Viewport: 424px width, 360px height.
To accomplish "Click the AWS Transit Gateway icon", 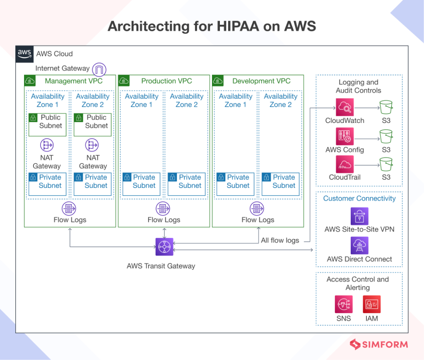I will pyautogui.click(x=164, y=247).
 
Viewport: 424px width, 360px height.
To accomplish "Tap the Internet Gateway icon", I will pyautogui.click(x=99, y=69).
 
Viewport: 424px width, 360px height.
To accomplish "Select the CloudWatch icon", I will pyautogui.click(x=344, y=107).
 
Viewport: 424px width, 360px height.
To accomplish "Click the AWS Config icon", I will pyautogui.click(x=344, y=136).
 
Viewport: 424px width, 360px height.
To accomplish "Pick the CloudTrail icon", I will pyautogui.click(x=344, y=164).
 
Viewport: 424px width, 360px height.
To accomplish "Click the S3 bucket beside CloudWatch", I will pyautogui.click(x=386, y=108).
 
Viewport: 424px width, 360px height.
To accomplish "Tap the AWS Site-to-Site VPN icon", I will pyautogui.click(x=359, y=216).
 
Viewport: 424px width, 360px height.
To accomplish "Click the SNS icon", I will pyautogui.click(x=343, y=304).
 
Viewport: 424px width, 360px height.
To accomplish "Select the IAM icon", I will pyautogui.click(x=371, y=304).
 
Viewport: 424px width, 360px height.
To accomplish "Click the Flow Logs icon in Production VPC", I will pyautogui.click(x=164, y=209).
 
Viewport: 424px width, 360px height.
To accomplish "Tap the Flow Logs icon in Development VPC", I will pyautogui.click(x=258, y=209).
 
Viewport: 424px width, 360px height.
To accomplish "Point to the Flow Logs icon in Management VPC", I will pyautogui.click(x=70, y=209).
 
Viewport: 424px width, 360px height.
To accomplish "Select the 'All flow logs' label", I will pyautogui.click(x=280, y=240).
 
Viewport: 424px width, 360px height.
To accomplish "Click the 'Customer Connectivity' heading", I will pyautogui.click(x=359, y=199).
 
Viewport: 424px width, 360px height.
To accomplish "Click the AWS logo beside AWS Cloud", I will pyautogui.click(x=25, y=53).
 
